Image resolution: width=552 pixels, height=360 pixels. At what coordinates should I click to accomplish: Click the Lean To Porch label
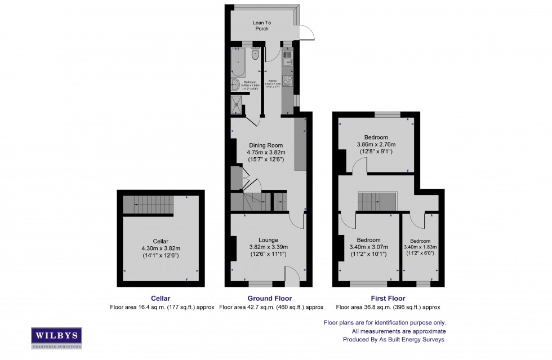(x=261, y=25)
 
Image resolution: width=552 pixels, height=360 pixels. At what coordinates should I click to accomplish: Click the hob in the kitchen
(x=286, y=81)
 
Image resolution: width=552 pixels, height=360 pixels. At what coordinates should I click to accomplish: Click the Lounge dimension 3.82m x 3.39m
(x=269, y=246)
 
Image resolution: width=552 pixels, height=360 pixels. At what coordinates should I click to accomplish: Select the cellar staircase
(x=148, y=204)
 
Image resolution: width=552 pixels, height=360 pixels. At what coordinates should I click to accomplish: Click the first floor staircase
(x=371, y=200)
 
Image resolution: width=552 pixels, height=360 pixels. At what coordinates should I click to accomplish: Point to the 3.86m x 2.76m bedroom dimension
(x=376, y=145)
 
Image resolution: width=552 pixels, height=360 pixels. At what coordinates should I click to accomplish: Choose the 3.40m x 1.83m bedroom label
(x=420, y=241)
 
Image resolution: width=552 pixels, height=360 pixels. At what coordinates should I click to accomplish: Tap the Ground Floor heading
(x=269, y=299)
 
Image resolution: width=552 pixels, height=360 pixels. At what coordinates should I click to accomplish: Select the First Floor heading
(x=388, y=299)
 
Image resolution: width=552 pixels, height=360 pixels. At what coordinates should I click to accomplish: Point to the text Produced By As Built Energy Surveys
(x=394, y=340)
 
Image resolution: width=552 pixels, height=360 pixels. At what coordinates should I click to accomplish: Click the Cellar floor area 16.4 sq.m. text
(x=162, y=307)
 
